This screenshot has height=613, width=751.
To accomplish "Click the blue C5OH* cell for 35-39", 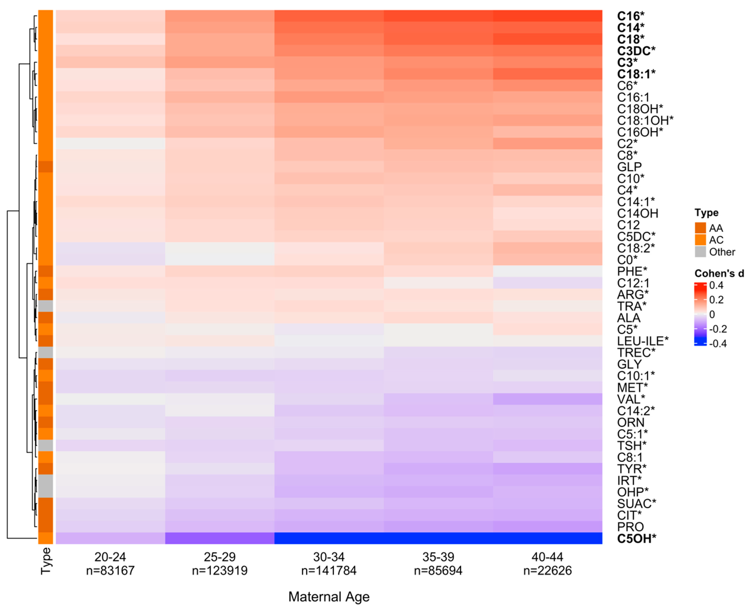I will click(438, 538).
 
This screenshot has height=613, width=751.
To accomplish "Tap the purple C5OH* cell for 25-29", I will click(219, 538).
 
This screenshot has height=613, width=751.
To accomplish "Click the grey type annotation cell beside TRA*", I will click(46, 306).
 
